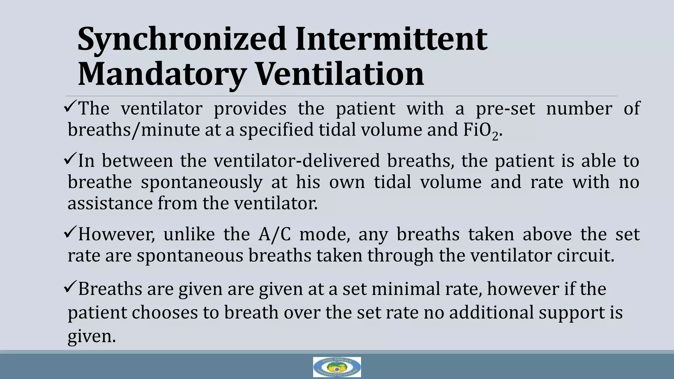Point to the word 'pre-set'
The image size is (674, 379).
coord(505,109)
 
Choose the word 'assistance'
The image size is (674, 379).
coord(110,203)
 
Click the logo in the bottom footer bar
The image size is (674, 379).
coord(337,367)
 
